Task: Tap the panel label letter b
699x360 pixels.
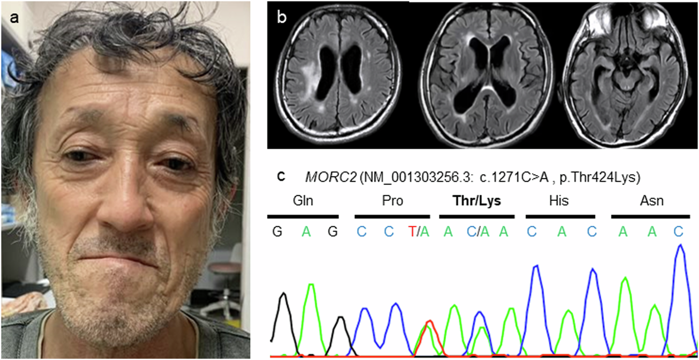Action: (x=282, y=17)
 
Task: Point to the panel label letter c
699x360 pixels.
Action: (x=281, y=177)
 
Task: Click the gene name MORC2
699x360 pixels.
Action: (x=324, y=177)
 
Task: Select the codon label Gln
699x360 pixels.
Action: (x=303, y=201)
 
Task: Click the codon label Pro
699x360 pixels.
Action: (x=392, y=201)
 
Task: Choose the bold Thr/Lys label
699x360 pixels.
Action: (x=477, y=201)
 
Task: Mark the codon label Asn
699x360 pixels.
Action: (x=651, y=201)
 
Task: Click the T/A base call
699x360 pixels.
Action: (x=418, y=232)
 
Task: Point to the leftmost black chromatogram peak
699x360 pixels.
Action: (x=283, y=295)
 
